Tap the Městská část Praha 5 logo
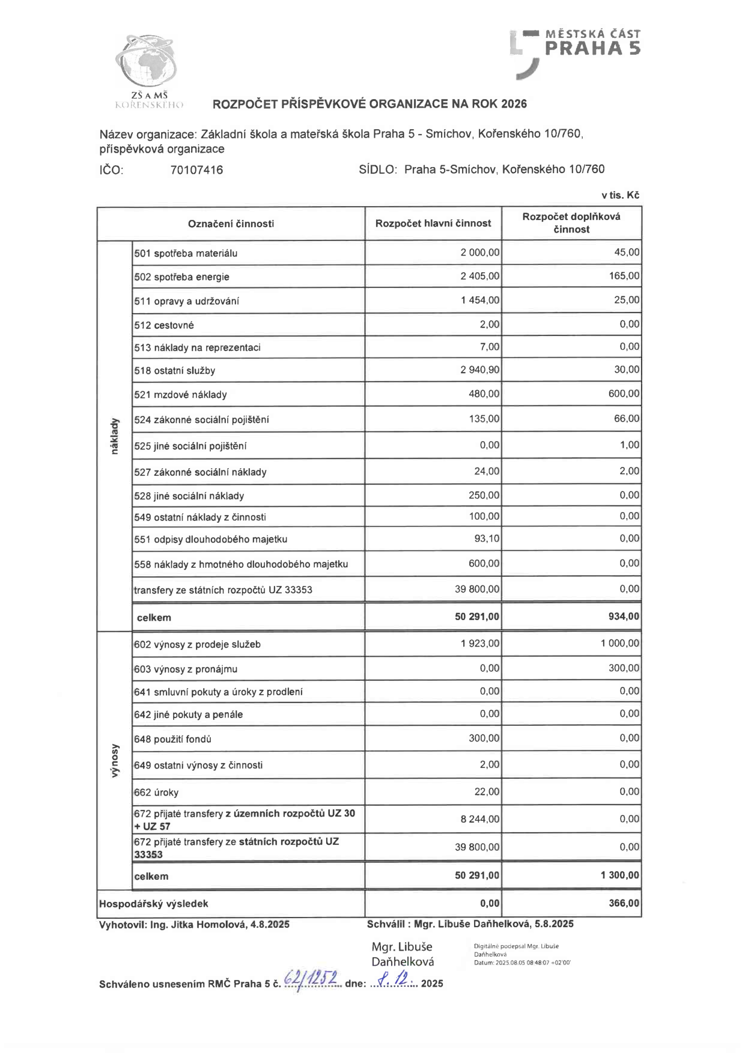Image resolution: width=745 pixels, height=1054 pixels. point(576,52)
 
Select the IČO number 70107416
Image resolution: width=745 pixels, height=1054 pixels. point(196,170)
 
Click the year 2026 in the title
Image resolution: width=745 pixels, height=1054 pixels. point(514,104)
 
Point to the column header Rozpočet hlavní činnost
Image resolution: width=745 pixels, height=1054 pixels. point(433,224)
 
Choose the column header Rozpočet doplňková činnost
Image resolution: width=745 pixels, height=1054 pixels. point(571,223)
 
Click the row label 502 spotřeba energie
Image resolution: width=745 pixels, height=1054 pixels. point(182,277)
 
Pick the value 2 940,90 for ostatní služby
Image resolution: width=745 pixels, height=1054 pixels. point(479,370)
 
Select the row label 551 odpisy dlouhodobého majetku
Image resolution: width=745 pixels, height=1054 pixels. point(211,540)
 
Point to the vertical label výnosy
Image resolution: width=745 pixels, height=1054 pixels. point(115,761)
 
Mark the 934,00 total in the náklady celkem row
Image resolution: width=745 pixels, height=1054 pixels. point(624,617)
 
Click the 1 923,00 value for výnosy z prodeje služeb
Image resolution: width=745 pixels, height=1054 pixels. point(479,644)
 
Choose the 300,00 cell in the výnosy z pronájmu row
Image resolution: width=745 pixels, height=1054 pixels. point(624,668)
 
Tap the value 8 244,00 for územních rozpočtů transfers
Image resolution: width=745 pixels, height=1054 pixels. point(479,819)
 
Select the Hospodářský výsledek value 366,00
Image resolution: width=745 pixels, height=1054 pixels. point(624,903)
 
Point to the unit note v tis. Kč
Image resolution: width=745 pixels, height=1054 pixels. point(620,195)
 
